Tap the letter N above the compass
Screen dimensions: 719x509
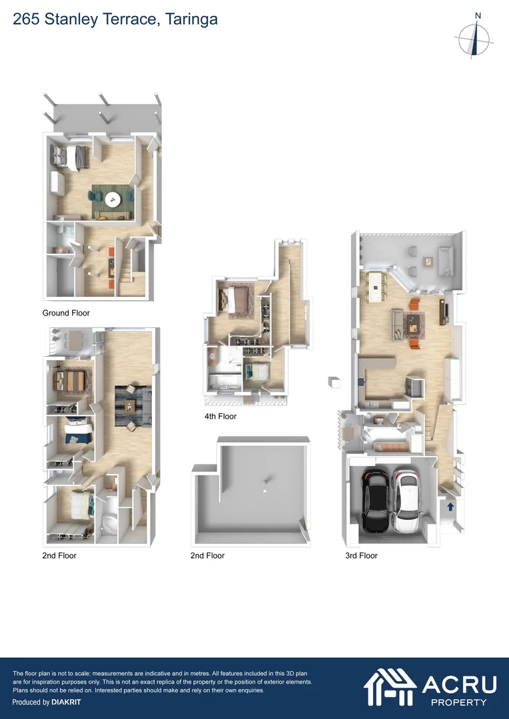478,16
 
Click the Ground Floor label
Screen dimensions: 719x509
66,313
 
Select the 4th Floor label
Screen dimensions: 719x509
221,417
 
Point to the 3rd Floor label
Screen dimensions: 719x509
361,555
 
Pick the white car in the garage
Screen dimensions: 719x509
406,503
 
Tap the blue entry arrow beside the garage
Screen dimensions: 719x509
450,507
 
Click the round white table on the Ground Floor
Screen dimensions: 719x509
114,198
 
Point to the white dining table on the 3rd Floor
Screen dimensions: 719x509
377,284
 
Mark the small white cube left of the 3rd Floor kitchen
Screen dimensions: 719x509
334,382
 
